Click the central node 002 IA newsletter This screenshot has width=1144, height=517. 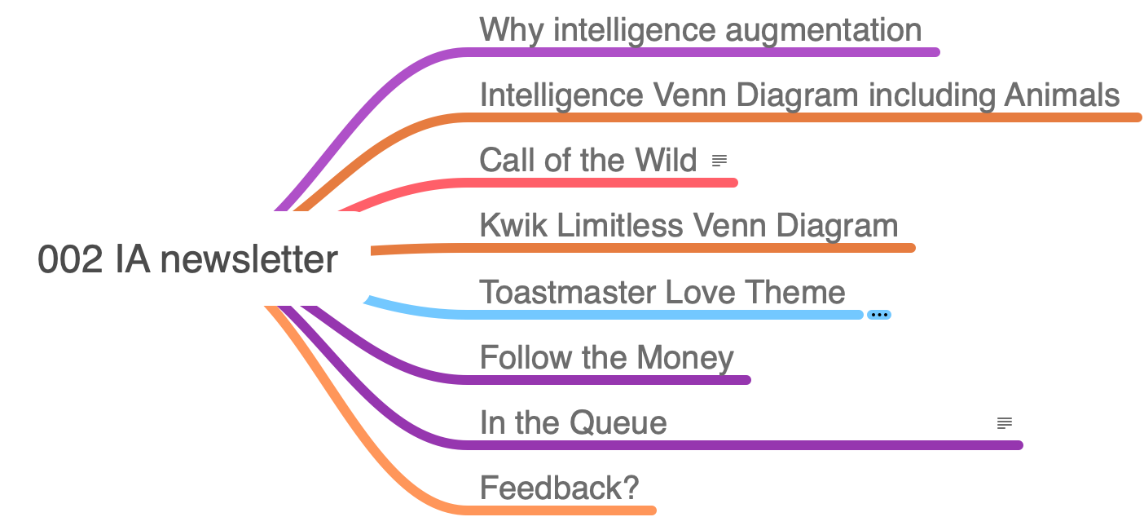point(187,259)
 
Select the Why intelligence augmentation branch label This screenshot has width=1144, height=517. point(700,30)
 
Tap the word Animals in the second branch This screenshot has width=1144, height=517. point(1061,95)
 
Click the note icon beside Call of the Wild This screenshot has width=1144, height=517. point(719,161)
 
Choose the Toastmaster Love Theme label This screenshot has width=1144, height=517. point(662,291)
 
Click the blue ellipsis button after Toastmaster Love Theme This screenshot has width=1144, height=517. point(878,315)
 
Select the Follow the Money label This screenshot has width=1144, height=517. point(606,357)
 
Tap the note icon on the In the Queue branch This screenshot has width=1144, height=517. point(1005,423)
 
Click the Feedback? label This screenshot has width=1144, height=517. point(559,488)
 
